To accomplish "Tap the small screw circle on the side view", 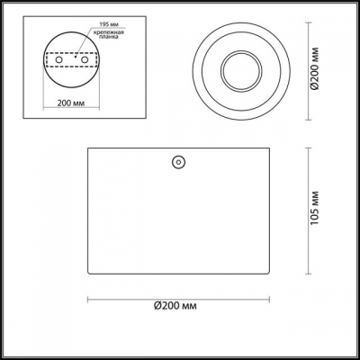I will coord(177,163).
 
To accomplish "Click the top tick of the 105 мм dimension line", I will coord(310,148).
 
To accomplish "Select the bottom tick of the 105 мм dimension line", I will coord(310,274).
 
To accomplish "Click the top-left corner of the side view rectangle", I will coord(87,148).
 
